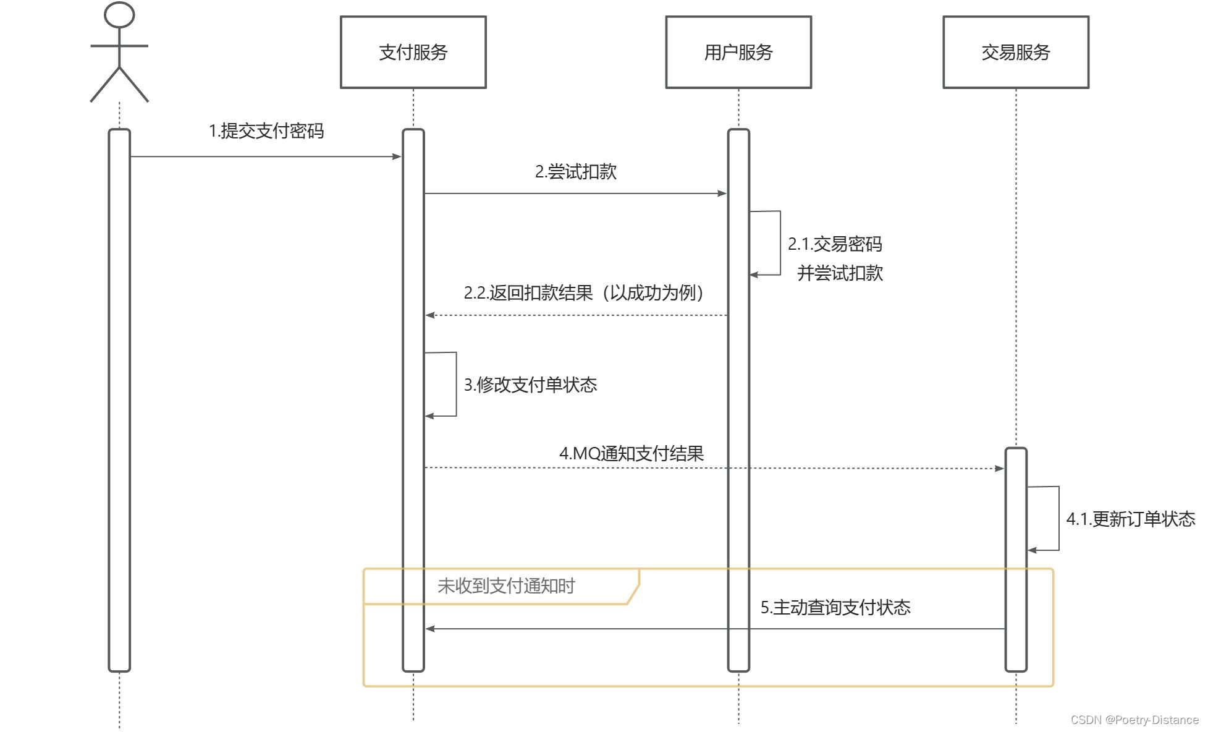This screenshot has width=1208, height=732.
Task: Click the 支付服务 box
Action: point(413,52)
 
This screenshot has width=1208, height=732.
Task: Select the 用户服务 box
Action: point(738,52)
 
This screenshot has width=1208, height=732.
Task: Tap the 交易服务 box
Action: point(1015,52)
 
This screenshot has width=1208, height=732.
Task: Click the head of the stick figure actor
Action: point(119,15)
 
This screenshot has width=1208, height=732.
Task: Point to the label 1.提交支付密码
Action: point(266,131)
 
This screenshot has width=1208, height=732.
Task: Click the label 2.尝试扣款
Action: point(576,172)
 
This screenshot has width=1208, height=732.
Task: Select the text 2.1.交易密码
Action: point(835,244)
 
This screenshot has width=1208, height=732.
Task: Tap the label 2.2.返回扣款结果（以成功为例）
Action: point(584,292)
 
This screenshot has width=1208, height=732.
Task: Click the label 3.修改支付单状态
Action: point(530,385)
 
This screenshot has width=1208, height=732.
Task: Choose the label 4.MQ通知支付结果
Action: point(631,453)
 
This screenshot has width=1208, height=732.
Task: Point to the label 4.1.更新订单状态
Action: point(1130,519)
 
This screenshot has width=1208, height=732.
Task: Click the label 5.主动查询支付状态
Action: point(835,607)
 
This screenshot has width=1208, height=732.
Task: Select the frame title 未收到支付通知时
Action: point(506,585)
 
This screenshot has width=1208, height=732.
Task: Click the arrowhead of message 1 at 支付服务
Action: point(397,156)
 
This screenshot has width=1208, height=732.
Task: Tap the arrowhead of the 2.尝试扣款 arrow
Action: point(722,194)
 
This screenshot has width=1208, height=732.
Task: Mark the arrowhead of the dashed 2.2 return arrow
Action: point(430,315)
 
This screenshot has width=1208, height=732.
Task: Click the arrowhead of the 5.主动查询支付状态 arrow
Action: point(430,629)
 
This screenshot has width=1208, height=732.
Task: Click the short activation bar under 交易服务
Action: point(1015,560)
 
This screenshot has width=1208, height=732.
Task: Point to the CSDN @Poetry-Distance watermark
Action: point(1134,720)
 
